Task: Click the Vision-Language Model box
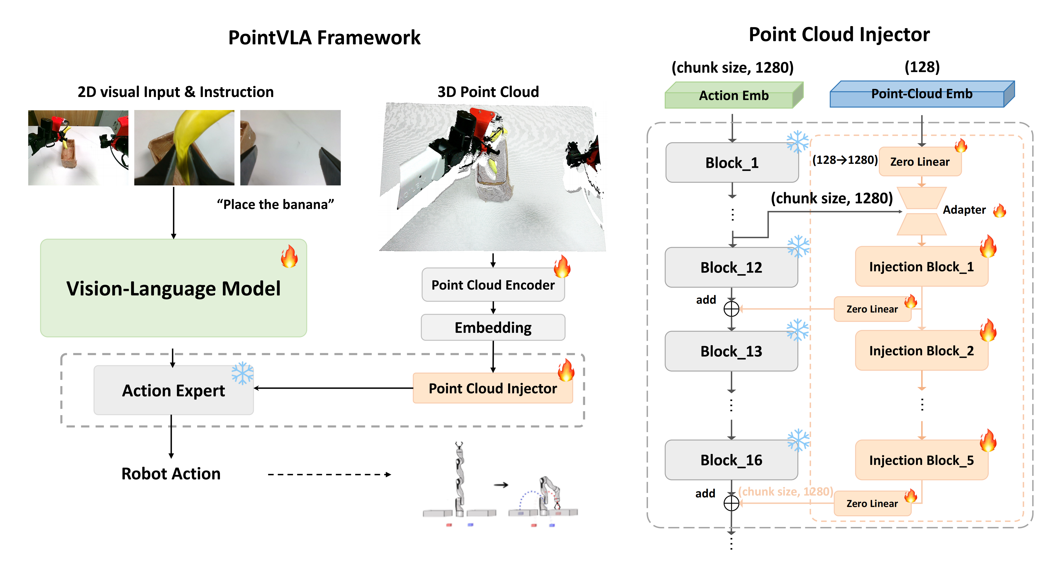[x=173, y=288]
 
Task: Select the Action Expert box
[x=173, y=390]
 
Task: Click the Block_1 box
[x=732, y=163]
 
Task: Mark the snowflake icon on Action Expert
[x=242, y=373]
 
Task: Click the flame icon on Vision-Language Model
[x=289, y=256]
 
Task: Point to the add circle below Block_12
[x=731, y=309]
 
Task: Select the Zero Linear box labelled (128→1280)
[x=920, y=161]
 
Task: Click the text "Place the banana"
[x=275, y=204]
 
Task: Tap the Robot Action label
[x=171, y=474]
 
